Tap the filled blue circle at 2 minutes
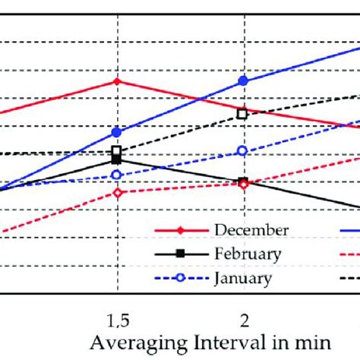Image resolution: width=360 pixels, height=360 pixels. click(243, 81)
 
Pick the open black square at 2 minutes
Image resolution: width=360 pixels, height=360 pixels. click(243, 114)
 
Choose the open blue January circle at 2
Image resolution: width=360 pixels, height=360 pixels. click(243, 151)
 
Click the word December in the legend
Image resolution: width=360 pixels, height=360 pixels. click(251, 229)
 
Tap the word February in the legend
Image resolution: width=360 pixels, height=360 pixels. click(248, 254)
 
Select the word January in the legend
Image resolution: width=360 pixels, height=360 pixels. click(243, 278)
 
